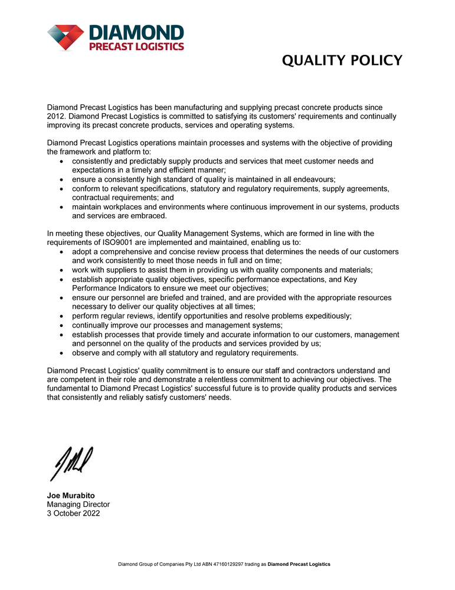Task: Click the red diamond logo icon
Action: (67, 37)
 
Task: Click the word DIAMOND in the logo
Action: (135, 32)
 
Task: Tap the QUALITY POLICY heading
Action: (342, 60)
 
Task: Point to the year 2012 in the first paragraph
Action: (56, 116)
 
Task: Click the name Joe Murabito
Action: (71, 496)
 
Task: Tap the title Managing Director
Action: (78, 504)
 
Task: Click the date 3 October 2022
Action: (73, 513)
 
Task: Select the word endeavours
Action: (309, 179)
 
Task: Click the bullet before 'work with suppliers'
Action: (63, 270)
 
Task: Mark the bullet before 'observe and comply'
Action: (63, 353)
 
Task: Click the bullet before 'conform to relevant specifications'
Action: (63, 189)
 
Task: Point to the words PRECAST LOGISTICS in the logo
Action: (136, 46)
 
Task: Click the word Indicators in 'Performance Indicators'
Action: (138, 288)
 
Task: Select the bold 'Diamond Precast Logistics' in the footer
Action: (299, 565)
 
